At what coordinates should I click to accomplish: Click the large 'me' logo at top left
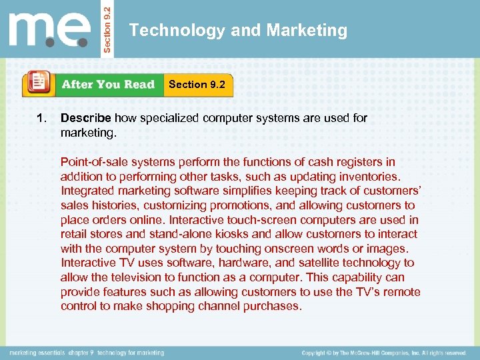click(50, 30)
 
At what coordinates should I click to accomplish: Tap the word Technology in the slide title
click(167, 31)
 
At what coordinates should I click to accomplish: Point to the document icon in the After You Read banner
click(38, 84)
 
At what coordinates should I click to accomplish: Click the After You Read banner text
click(107, 85)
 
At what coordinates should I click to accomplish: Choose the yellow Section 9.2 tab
click(197, 85)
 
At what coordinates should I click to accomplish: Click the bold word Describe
click(85, 118)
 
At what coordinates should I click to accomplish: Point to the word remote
click(401, 292)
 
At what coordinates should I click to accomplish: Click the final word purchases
click(273, 307)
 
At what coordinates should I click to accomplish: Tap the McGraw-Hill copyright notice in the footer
click(383, 352)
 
